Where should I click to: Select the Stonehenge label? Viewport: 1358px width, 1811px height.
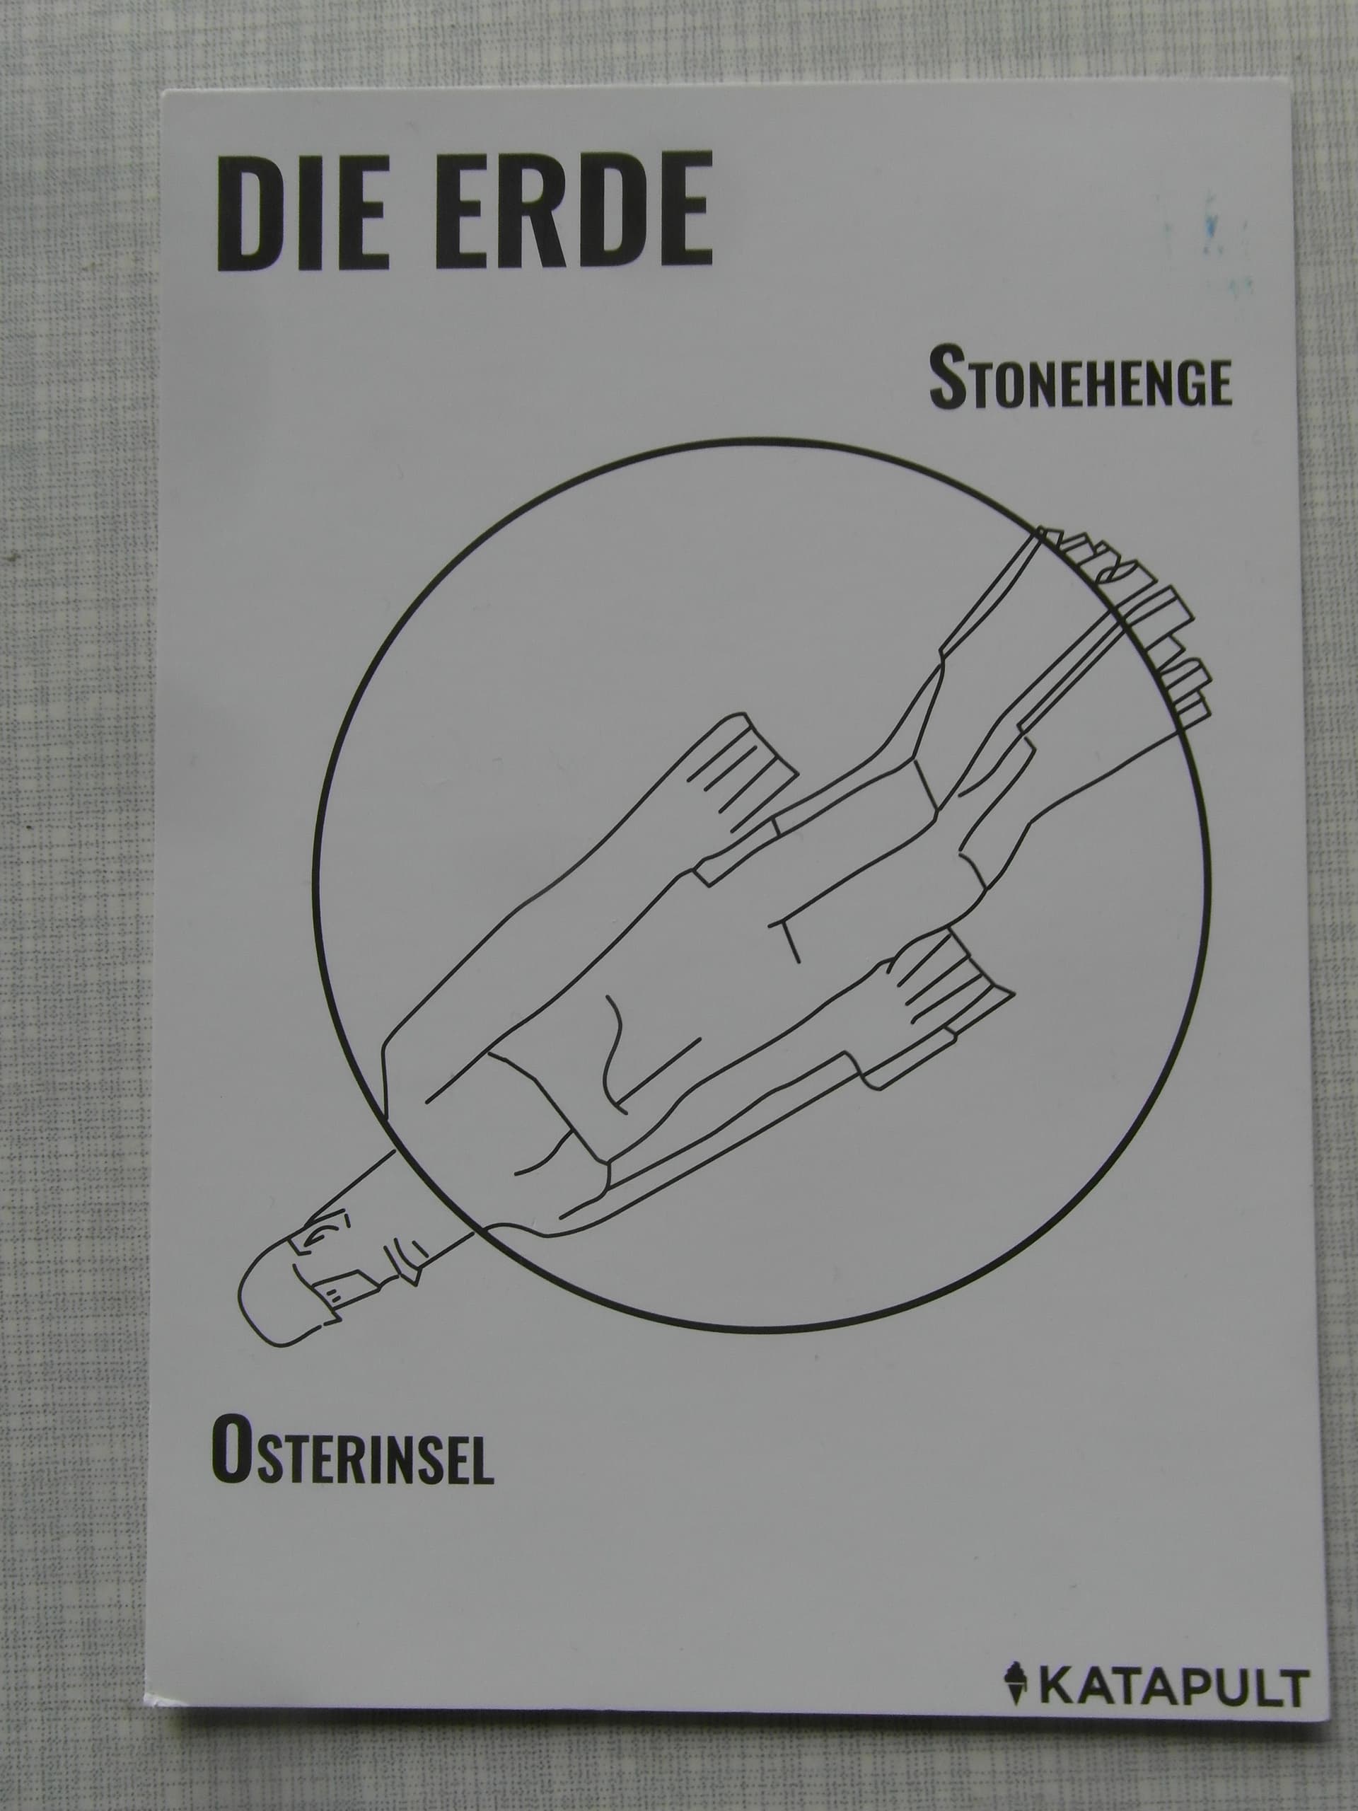pyautogui.click(x=1080, y=378)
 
